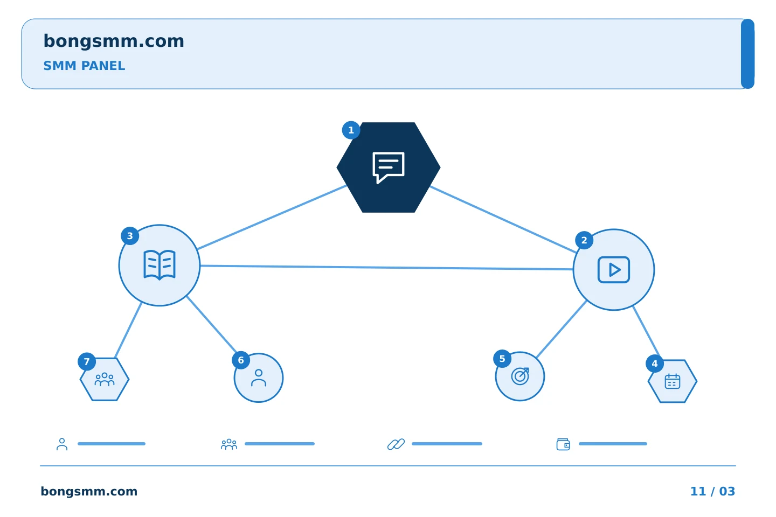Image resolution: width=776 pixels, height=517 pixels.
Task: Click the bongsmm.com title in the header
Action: click(x=114, y=41)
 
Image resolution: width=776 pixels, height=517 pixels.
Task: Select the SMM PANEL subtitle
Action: click(x=84, y=66)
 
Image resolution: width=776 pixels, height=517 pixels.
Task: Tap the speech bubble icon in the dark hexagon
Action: click(x=389, y=167)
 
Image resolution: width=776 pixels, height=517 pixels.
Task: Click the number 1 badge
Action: click(x=351, y=130)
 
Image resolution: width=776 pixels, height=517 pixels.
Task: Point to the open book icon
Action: click(x=160, y=265)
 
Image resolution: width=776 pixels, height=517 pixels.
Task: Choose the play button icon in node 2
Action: click(x=613, y=270)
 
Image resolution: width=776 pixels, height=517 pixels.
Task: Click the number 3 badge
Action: click(x=130, y=236)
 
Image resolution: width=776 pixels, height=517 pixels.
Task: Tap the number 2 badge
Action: click(x=584, y=240)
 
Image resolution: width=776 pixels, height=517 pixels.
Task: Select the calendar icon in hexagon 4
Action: click(x=673, y=381)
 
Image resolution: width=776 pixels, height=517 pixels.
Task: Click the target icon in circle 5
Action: click(x=520, y=376)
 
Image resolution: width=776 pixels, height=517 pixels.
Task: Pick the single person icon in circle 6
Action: click(x=259, y=378)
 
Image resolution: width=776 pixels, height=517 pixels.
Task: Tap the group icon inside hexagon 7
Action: click(x=105, y=380)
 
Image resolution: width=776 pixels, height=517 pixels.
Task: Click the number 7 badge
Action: click(x=87, y=361)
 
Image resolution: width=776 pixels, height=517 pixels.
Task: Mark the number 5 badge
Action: click(x=502, y=359)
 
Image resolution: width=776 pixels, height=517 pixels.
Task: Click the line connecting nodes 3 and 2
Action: click(x=386, y=267)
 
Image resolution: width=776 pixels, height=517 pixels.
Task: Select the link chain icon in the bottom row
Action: click(x=396, y=444)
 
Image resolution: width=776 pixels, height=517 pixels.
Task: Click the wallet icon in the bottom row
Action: click(x=563, y=444)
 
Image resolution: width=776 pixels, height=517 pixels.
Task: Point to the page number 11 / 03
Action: click(x=712, y=491)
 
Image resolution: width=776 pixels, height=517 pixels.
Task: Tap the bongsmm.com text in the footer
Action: click(x=89, y=491)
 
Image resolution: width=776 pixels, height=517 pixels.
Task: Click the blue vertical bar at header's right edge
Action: click(x=747, y=54)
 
